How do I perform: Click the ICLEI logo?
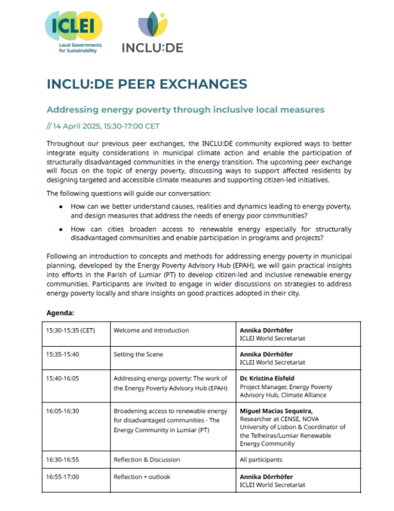pyautogui.click(x=73, y=31)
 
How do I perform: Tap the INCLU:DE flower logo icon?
pyautogui.click(x=152, y=25)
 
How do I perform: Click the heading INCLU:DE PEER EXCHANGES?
pyautogui.click(x=147, y=84)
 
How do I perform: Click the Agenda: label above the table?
pyautogui.click(x=60, y=312)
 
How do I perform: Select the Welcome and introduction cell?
pyautogui.click(x=151, y=331)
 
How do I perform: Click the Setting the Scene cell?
pyautogui.click(x=138, y=355)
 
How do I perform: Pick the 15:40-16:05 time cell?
pyautogui.click(x=63, y=379)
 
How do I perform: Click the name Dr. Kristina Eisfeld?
pyautogui.click(x=268, y=379)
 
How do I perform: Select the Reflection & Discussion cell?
pyautogui.click(x=147, y=459)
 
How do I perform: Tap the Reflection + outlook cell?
pyautogui.click(x=143, y=477)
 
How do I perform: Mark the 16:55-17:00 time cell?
pyautogui.click(x=63, y=477)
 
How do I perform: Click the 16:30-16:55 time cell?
pyautogui.click(x=63, y=459)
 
